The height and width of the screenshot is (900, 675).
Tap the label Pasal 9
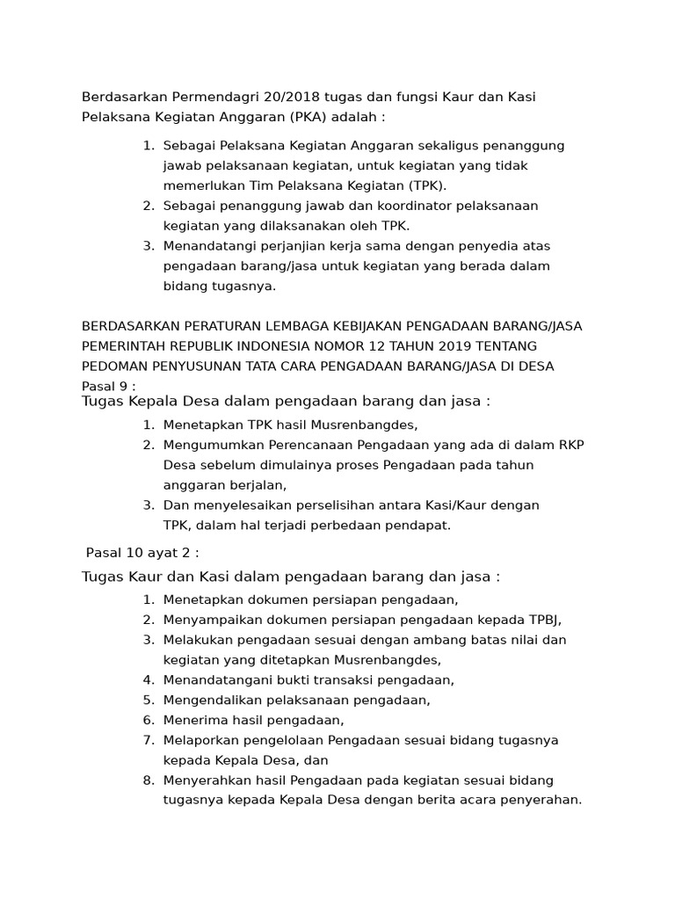click(x=107, y=387)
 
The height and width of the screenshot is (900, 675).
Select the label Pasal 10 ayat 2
click(x=142, y=553)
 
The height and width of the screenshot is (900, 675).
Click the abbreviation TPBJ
click(x=543, y=620)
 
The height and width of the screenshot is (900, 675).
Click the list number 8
click(x=148, y=780)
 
